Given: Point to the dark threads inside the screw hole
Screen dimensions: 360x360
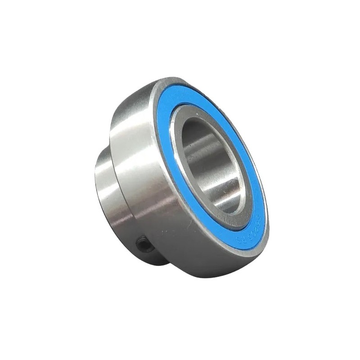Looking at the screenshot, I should click(x=145, y=246).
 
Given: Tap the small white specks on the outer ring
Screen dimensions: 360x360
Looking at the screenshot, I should click(x=162, y=234).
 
